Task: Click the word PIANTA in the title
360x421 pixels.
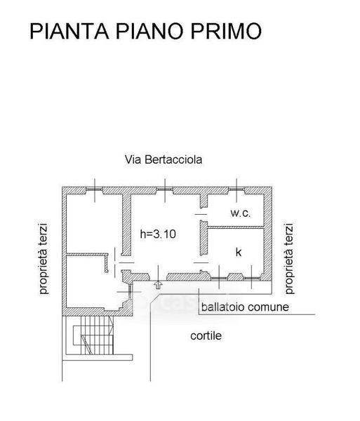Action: [69, 31]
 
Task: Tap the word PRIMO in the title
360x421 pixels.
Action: [226, 31]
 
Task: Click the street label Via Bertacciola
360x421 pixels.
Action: [164, 159]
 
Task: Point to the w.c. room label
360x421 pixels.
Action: [241, 213]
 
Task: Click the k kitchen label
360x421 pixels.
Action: [239, 252]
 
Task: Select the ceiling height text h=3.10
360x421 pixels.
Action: [158, 234]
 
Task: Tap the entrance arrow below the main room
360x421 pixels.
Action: [158, 285]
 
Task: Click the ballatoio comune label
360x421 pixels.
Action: [245, 307]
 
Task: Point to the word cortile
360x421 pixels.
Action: [206, 335]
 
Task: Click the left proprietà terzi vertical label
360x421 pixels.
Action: [44, 258]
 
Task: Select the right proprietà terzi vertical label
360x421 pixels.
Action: [289, 258]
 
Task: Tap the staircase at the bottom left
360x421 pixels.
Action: [93, 335]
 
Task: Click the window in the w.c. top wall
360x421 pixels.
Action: [236, 190]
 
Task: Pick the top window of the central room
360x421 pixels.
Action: [165, 190]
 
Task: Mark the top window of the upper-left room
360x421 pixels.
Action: [94, 190]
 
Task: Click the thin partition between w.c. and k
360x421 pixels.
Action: [235, 227]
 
